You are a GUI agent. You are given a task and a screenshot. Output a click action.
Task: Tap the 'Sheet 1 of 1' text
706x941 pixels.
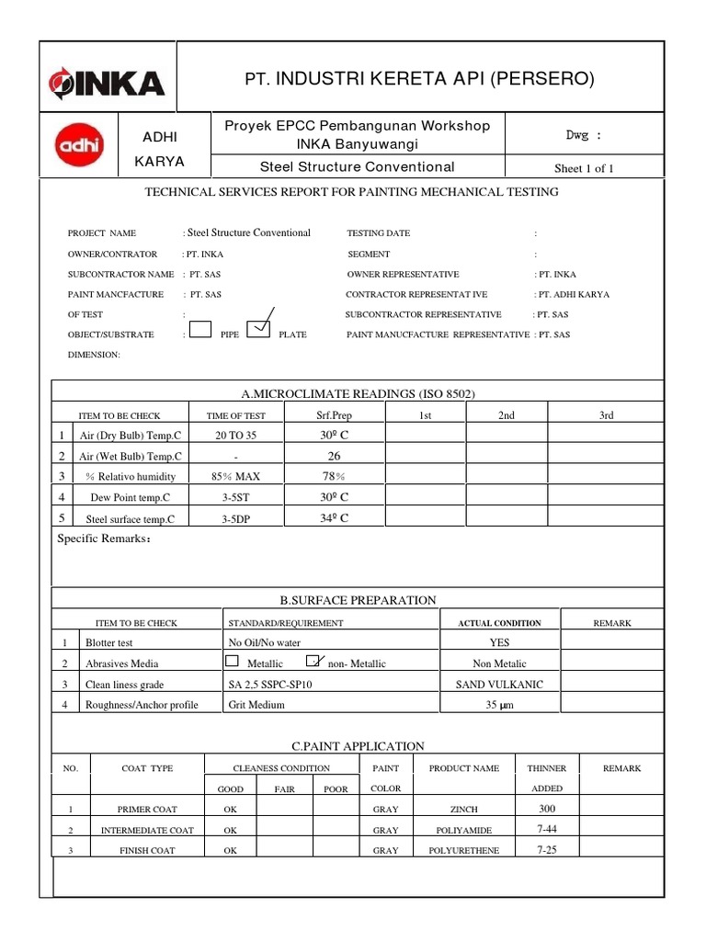click(x=584, y=168)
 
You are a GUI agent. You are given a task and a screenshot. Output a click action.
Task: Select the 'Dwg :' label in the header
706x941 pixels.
click(x=584, y=134)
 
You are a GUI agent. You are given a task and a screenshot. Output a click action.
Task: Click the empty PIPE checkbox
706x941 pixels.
click(x=200, y=329)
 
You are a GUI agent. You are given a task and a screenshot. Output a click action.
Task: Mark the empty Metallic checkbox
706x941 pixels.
click(x=232, y=661)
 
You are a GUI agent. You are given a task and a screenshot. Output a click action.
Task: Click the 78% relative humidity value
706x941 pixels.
click(x=332, y=476)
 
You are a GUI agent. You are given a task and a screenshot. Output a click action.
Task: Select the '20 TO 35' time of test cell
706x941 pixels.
click(x=236, y=436)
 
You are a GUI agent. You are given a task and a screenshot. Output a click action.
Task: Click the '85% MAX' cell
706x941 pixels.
click(x=236, y=477)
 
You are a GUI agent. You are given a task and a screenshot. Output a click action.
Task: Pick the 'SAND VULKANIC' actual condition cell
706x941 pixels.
click(x=500, y=685)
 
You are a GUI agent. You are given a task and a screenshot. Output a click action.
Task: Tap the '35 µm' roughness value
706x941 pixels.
click(x=500, y=706)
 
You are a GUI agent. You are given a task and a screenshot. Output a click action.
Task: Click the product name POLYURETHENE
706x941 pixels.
click(x=464, y=851)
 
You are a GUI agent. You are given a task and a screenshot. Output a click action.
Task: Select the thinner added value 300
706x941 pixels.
click(x=547, y=809)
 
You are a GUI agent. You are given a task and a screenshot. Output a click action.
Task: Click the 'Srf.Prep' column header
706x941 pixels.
click(x=333, y=415)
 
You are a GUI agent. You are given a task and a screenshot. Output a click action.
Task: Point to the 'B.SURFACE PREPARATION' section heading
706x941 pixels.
click(x=358, y=600)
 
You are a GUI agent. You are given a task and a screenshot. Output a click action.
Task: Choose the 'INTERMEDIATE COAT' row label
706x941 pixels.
click(x=147, y=831)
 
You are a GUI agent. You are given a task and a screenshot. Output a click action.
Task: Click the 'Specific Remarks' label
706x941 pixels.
click(x=104, y=539)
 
